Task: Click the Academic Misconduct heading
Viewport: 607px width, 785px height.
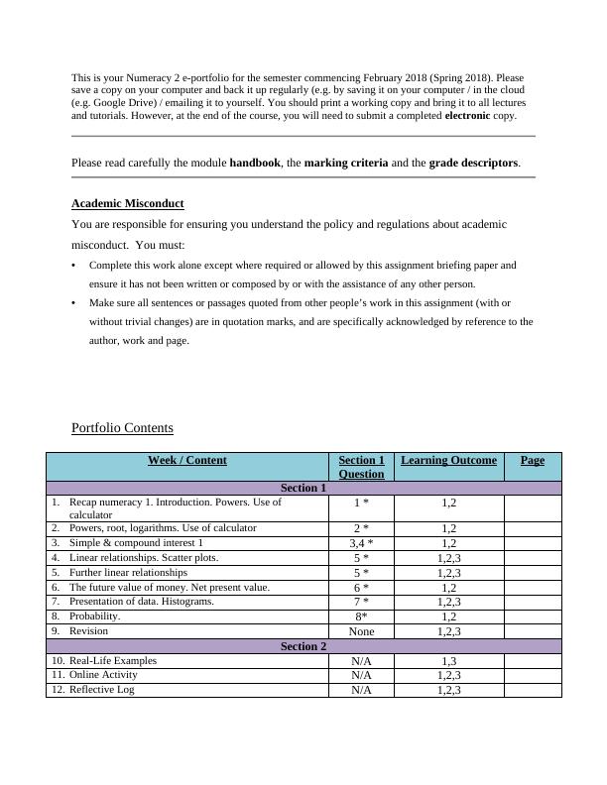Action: pos(127,203)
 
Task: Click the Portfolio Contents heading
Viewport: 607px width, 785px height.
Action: pos(122,428)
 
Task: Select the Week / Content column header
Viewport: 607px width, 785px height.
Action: pos(186,460)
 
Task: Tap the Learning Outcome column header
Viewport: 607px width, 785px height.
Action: pos(448,460)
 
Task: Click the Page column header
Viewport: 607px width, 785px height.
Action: pos(532,460)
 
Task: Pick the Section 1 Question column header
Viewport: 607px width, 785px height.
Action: pos(361,467)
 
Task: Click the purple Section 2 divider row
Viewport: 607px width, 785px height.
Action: pos(303,646)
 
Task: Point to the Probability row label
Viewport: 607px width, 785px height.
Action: pos(94,617)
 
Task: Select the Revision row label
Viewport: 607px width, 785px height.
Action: pos(88,630)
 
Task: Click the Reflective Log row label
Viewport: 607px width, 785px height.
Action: pos(102,690)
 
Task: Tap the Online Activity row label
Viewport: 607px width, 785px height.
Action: pos(103,675)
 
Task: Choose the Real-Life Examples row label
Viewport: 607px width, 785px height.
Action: pos(112,660)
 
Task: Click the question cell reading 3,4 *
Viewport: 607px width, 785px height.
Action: pos(361,543)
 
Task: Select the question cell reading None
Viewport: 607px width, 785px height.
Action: pos(361,631)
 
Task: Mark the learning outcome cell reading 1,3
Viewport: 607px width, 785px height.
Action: pos(448,661)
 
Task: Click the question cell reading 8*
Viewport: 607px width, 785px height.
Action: pos(361,617)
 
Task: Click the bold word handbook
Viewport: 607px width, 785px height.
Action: pos(255,163)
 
